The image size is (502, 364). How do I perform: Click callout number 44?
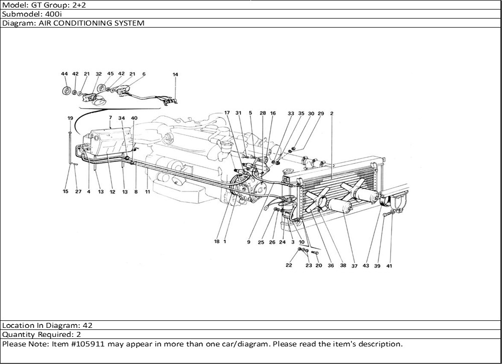click(x=64, y=74)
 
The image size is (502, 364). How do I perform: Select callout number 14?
click(x=175, y=75)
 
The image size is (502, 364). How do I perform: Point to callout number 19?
click(x=70, y=118)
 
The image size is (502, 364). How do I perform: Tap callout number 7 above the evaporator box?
click(x=110, y=118)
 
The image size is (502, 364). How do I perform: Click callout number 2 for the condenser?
click(x=332, y=113)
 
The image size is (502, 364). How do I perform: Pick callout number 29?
click(x=321, y=113)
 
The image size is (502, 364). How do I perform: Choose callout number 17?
click(x=227, y=113)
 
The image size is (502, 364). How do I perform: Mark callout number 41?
click(x=389, y=266)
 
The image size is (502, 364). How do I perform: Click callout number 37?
click(x=354, y=266)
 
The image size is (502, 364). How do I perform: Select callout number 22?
click(x=289, y=265)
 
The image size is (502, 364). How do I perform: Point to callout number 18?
click(x=216, y=242)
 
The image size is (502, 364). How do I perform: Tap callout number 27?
click(x=78, y=192)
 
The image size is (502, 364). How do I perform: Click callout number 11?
click(x=148, y=192)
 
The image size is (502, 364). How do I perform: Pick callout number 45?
click(x=110, y=74)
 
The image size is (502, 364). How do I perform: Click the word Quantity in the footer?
click(x=18, y=334)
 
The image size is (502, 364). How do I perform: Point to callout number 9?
click(x=248, y=242)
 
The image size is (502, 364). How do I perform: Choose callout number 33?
click(x=291, y=113)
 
